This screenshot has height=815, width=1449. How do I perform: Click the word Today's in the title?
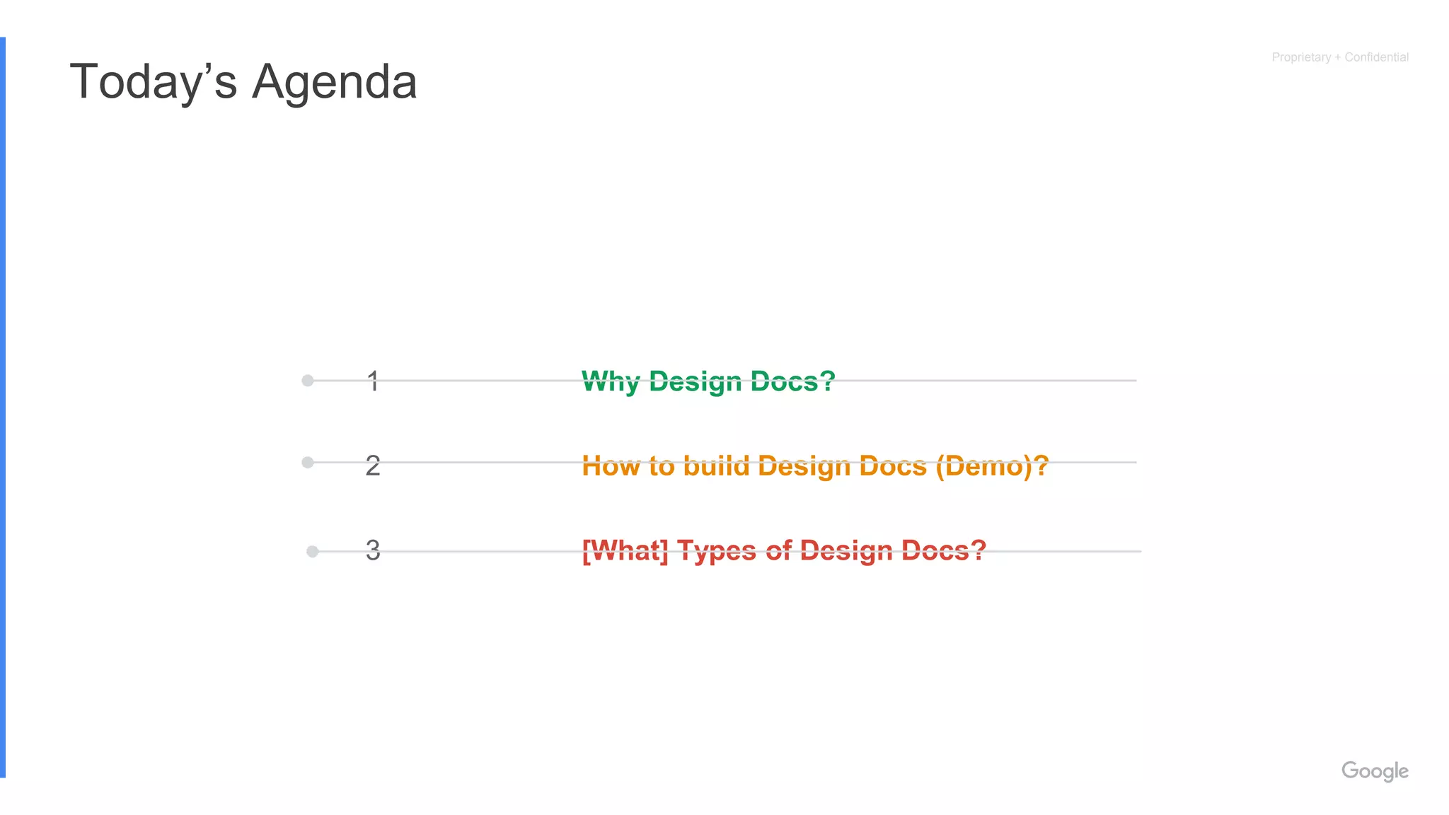point(153,82)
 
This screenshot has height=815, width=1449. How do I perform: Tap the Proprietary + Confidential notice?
point(1339,57)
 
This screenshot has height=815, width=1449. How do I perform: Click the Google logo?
point(1375,771)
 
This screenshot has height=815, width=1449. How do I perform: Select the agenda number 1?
point(373,381)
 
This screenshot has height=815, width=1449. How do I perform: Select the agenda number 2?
point(373,466)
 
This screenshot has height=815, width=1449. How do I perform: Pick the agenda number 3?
point(373,550)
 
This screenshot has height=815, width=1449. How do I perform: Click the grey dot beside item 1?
point(308,381)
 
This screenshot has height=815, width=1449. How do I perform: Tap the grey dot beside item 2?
point(308,463)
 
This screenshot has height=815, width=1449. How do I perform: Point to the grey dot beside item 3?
point(312,551)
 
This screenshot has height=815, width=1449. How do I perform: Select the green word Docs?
point(792,381)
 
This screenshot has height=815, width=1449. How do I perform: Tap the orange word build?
point(715,466)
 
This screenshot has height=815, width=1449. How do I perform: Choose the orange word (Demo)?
point(992,466)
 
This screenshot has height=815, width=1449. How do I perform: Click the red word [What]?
point(625,550)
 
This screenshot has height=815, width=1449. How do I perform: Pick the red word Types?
point(716,551)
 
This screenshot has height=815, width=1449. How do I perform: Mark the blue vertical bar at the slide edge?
point(3,407)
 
